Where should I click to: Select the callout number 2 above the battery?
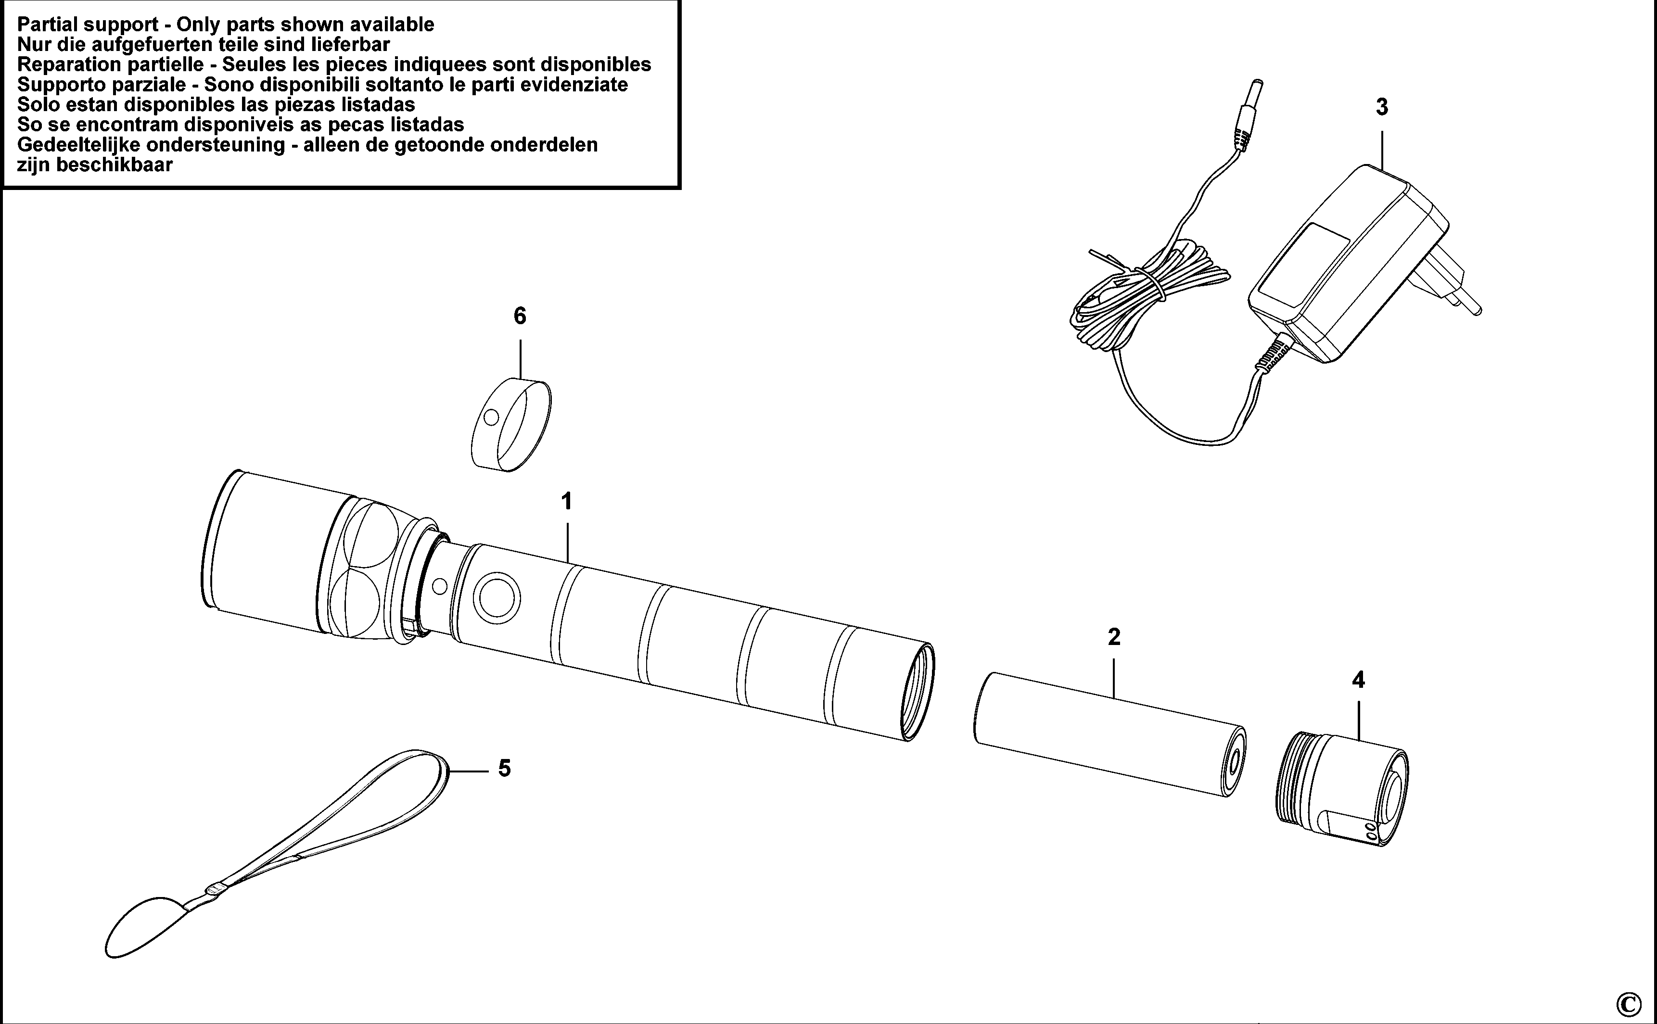(x=1114, y=637)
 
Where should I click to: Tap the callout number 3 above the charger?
(x=1382, y=107)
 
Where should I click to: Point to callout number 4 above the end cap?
(x=1358, y=680)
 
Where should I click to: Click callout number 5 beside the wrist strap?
(x=504, y=768)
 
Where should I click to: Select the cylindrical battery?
(x=1109, y=744)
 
